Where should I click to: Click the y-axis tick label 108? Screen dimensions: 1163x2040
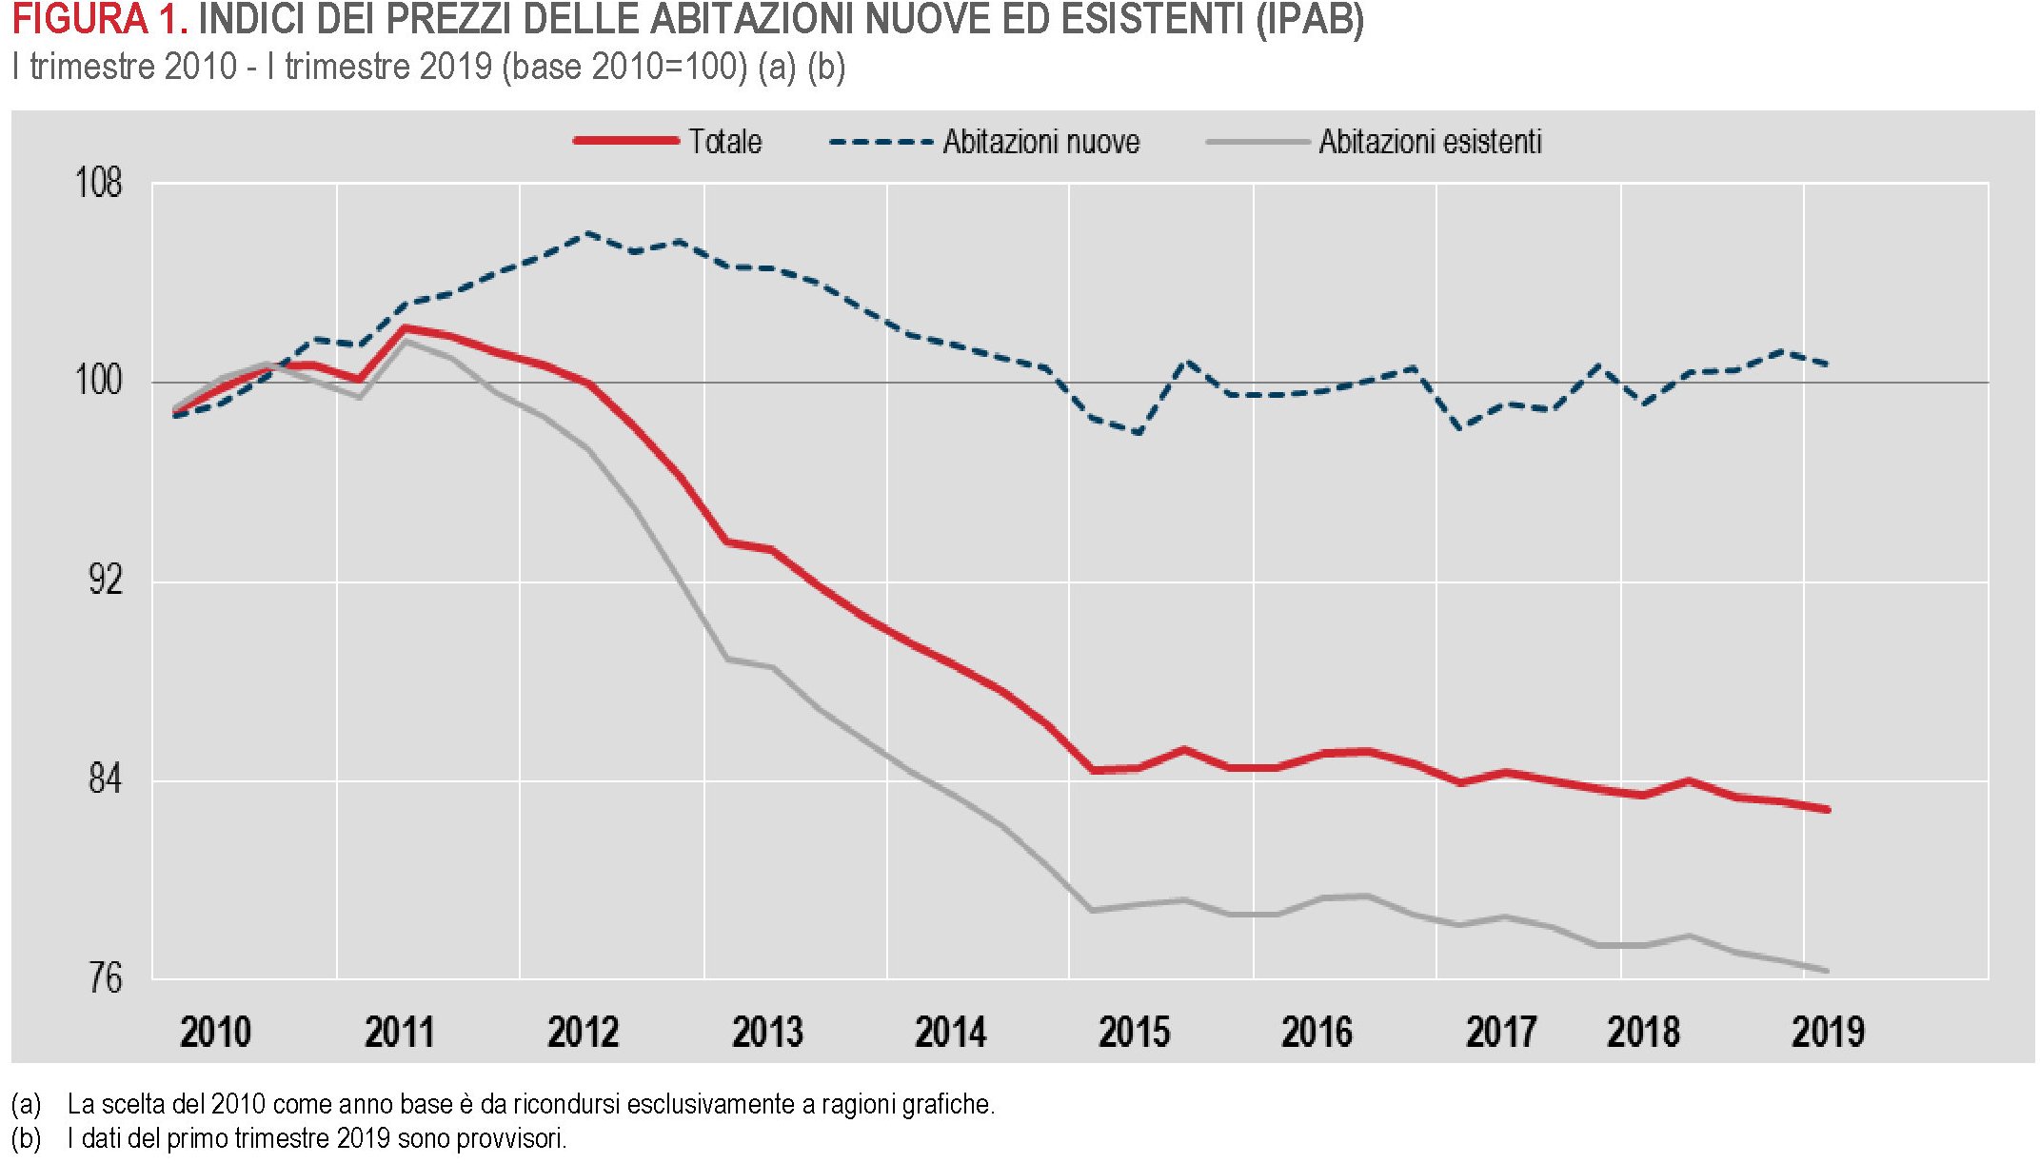coord(98,182)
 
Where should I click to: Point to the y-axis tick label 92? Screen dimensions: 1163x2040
coord(105,579)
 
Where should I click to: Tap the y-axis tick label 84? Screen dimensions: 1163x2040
coord(105,779)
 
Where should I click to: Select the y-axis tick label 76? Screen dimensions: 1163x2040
coord(105,977)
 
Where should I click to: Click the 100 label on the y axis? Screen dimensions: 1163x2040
coord(98,381)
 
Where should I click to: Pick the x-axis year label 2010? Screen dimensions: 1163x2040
coord(215,1032)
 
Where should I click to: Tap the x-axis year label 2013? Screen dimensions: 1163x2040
coord(767,1032)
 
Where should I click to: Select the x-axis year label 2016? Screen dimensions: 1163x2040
coord(1317,1032)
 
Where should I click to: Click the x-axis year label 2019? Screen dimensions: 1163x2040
coord(1828,1032)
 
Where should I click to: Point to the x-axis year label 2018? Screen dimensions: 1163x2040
coord(1643,1032)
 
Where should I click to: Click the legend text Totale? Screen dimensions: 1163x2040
coord(725,142)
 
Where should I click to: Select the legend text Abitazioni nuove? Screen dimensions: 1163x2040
coord(1041,142)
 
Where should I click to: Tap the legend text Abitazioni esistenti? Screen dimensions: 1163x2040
coord(1430,142)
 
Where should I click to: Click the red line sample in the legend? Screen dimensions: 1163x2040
coord(625,141)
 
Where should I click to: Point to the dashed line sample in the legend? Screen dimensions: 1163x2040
coord(881,142)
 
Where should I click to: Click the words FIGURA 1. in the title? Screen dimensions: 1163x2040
coord(99,20)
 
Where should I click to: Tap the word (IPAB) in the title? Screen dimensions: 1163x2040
coord(1309,20)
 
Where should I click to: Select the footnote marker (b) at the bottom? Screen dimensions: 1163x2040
coord(27,1138)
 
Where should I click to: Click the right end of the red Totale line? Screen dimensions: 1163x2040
coord(1828,810)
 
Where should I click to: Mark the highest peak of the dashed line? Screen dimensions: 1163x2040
coord(589,233)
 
